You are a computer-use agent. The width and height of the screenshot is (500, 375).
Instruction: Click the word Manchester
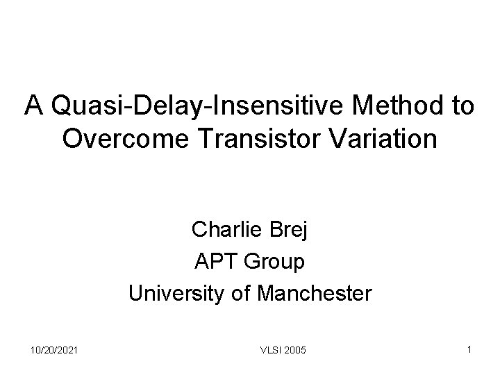pyautogui.click(x=314, y=294)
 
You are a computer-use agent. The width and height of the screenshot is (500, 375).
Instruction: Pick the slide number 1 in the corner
pyautogui.click(x=470, y=351)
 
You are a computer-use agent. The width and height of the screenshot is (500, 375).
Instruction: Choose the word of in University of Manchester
pyautogui.click(x=242, y=294)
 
